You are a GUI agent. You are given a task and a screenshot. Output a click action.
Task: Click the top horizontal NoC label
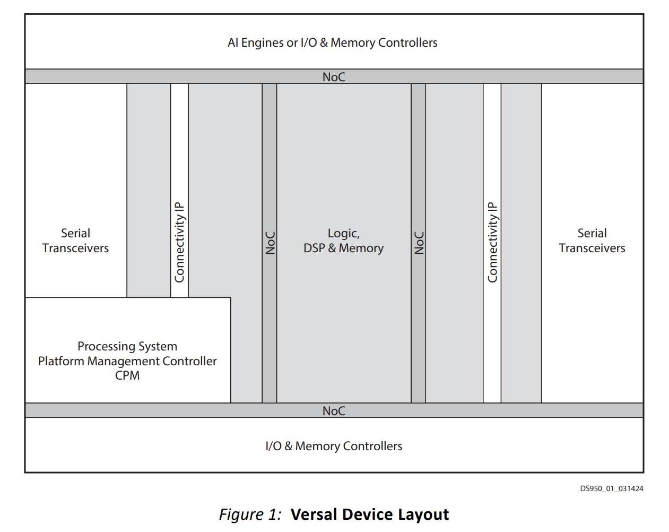click(334, 77)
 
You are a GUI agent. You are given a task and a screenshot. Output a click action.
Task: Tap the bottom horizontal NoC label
click(334, 411)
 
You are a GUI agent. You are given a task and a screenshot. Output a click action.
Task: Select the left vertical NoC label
click(270, 243)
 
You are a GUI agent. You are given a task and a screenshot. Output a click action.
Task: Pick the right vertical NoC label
click(419, 243)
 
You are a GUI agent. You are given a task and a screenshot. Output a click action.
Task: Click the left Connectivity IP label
click(179, 242)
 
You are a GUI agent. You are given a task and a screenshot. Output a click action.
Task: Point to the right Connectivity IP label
click(492, 242)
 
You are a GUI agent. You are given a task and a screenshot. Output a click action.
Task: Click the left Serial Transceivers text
click(75, 241)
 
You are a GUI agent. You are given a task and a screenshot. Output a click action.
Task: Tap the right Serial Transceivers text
click(592, 241)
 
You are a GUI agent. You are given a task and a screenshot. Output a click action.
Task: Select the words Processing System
click(127, 346)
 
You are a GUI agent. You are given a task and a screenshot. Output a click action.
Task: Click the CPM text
click(127, 375)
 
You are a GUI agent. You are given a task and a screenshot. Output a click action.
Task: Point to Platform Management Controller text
click(127, 361)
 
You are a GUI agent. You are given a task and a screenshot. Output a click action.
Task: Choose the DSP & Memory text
click(343, 248)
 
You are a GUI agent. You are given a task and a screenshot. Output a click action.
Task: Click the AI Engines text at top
click(256, 42)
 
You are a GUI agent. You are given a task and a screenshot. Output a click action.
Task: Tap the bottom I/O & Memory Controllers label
click(334, 446)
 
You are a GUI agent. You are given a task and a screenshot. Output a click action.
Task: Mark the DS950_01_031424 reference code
click(611, 488)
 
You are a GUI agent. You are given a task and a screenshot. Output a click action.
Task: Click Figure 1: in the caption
click(250, 514)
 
